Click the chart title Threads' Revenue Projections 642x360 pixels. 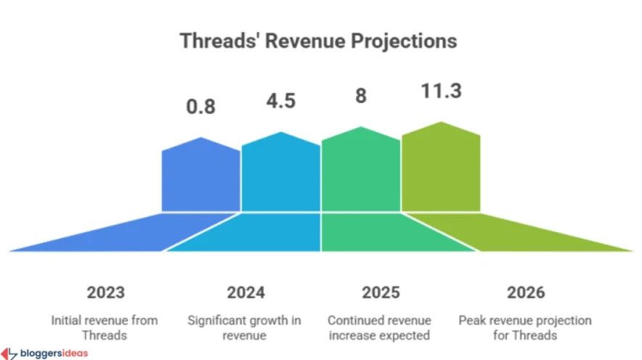(319, 41)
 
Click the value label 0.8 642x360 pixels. (200, 107)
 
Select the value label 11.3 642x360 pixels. (441, 91)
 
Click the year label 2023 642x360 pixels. (105, 293)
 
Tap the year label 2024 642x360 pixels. (245, 293)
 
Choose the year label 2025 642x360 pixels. (380, 293)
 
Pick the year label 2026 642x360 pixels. (525, 293)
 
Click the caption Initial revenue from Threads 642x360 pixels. (105, 327)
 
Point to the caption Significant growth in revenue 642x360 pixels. (245, 327)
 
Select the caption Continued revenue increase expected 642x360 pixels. (380, 327)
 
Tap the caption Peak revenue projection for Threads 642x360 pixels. (525, 327)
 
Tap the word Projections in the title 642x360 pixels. (405, 41)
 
